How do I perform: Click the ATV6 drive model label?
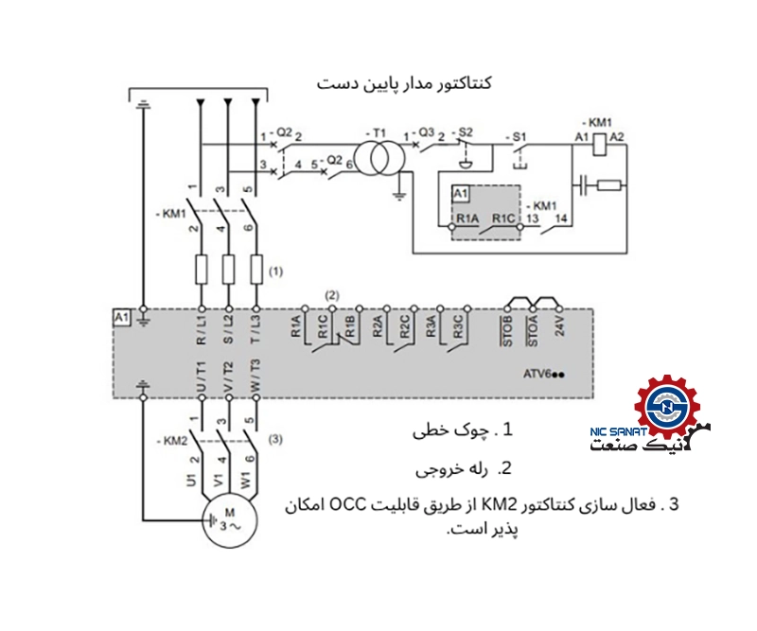click(x=544, y=374)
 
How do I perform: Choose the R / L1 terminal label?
click(x=202, y=331)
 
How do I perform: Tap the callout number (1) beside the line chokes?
click(x=275, y=272)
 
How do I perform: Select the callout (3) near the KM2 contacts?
click(x=275, y=438)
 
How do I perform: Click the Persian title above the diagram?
click(x=404, y=84)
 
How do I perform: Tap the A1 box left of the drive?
click(x=121, y=316)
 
